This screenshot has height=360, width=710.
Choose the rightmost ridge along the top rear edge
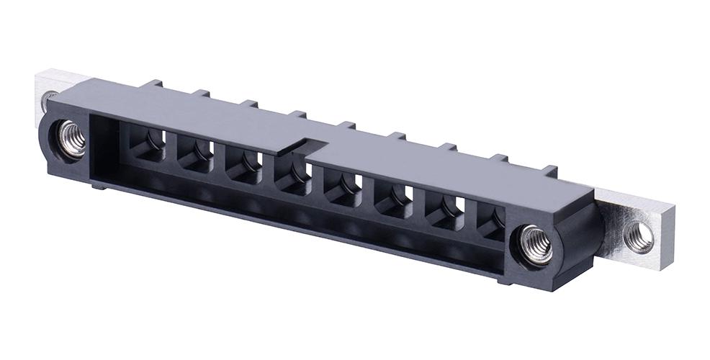coord(549,171)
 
